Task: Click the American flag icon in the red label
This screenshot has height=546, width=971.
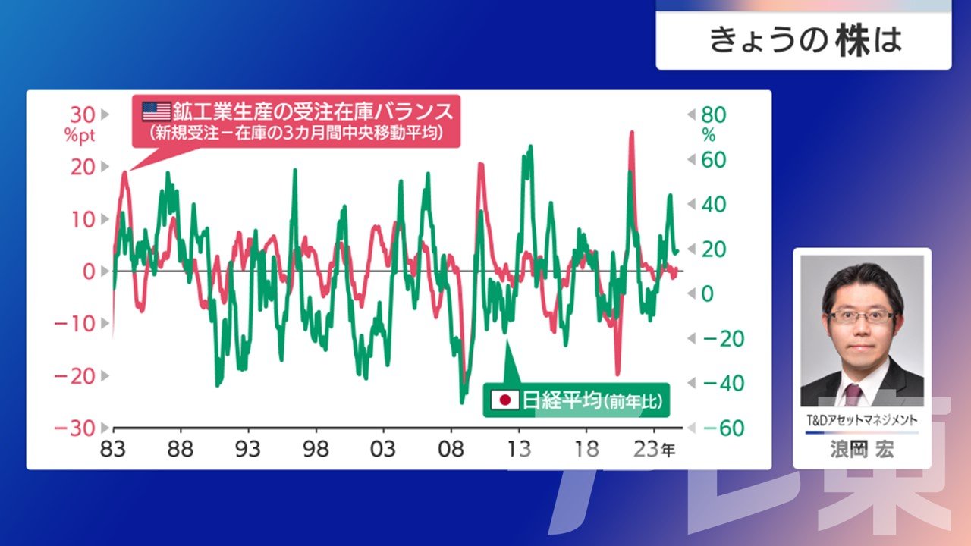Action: point(156,111)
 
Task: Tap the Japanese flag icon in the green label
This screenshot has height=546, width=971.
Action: point(505,400)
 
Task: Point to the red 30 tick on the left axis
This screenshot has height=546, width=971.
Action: point(83,115)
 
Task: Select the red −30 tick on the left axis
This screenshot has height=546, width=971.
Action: point(74,428)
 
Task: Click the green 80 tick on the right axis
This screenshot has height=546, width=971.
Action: point(714,115)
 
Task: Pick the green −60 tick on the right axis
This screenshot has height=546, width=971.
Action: point(724,428)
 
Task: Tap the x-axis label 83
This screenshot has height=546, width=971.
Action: point(113,449)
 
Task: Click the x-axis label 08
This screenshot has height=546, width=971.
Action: point(451,449)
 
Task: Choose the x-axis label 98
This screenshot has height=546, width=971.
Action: point(316,449)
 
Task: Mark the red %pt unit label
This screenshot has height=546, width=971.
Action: point(80,136)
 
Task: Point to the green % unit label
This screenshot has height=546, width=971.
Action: point(709,136)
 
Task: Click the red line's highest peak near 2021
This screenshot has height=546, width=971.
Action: point(632,132)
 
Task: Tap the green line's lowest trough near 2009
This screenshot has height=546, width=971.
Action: point(462,403)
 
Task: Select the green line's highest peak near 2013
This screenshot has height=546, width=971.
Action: point(530,146)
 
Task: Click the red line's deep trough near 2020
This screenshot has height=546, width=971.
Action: point(617,374)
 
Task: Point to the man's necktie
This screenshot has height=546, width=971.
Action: point(853,394)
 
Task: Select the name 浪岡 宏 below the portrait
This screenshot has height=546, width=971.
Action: point(862,450)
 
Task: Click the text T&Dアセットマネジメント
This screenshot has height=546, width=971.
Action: point(862,420)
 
